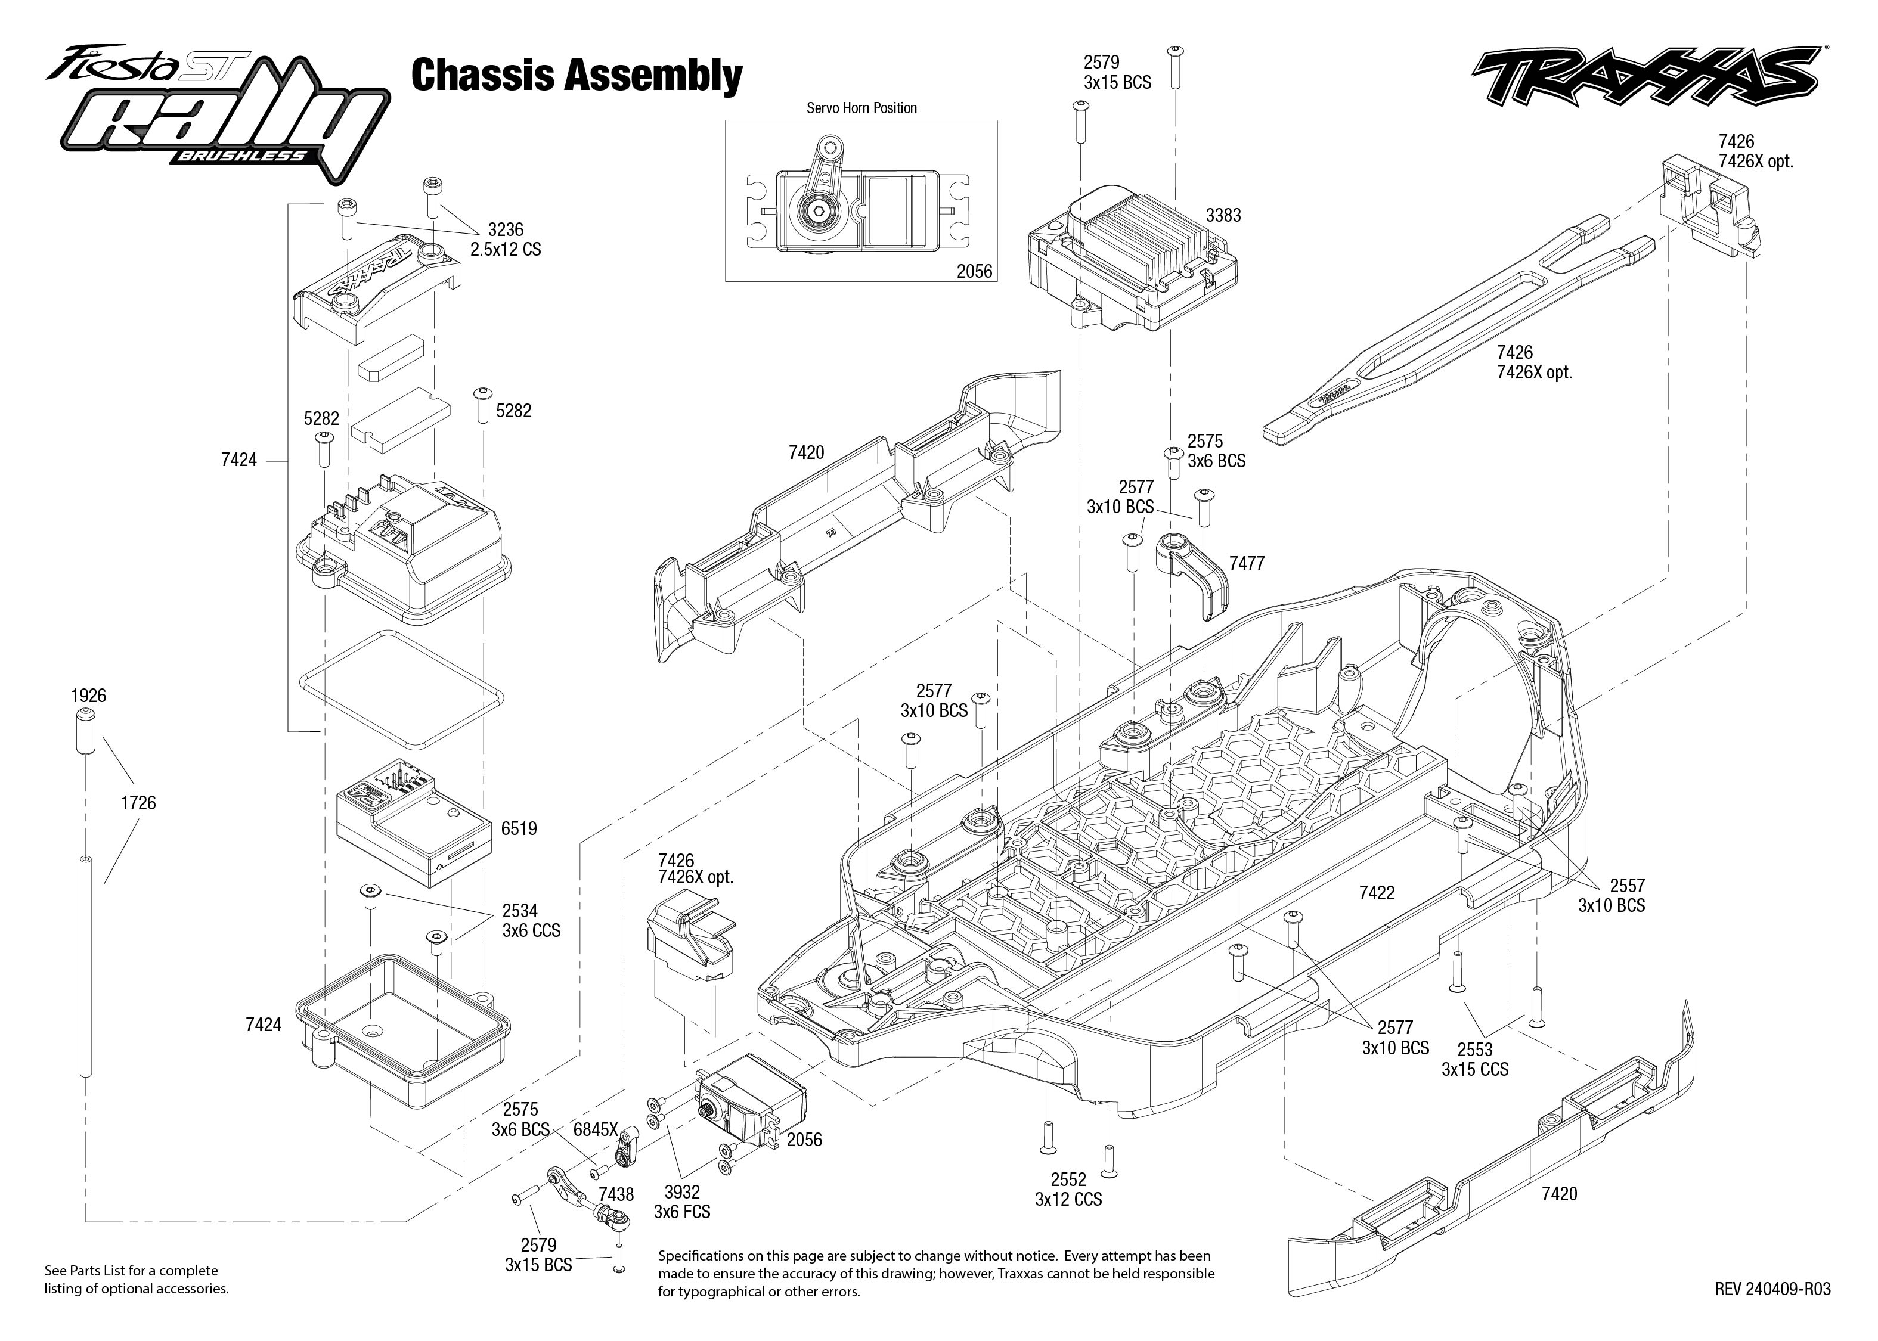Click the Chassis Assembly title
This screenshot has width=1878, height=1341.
577,75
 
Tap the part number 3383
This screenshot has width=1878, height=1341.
1223,216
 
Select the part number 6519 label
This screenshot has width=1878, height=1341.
519,828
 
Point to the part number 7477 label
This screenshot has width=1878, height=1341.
1246,563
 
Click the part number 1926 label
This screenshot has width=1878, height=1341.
88,696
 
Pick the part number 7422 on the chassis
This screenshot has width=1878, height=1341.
1377,893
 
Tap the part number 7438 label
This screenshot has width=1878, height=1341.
616,1194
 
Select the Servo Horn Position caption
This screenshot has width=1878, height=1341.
861,108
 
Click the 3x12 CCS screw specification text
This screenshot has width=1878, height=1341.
1068,1199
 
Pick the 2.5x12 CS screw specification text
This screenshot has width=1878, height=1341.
506,249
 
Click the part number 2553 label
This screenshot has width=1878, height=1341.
1474,1050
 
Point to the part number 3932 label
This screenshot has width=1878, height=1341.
681,1193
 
